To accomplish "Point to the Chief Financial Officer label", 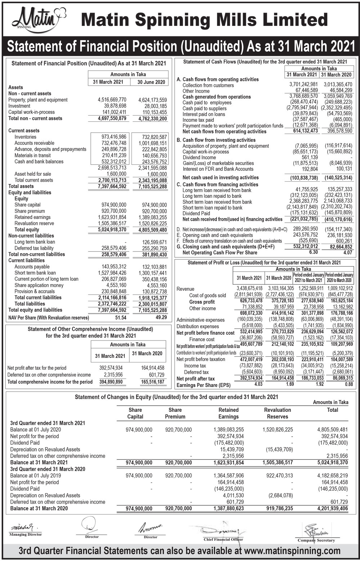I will tap(223, 539).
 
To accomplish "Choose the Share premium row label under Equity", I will tap(30, 211).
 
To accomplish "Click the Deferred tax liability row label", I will tap(34, 248).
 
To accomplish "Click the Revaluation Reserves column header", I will tap(277, 413).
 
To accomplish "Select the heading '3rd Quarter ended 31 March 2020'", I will tap(48, 469).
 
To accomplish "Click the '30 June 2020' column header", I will tap(151, 82).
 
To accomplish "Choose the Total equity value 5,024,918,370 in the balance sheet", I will tap(112, 230).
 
